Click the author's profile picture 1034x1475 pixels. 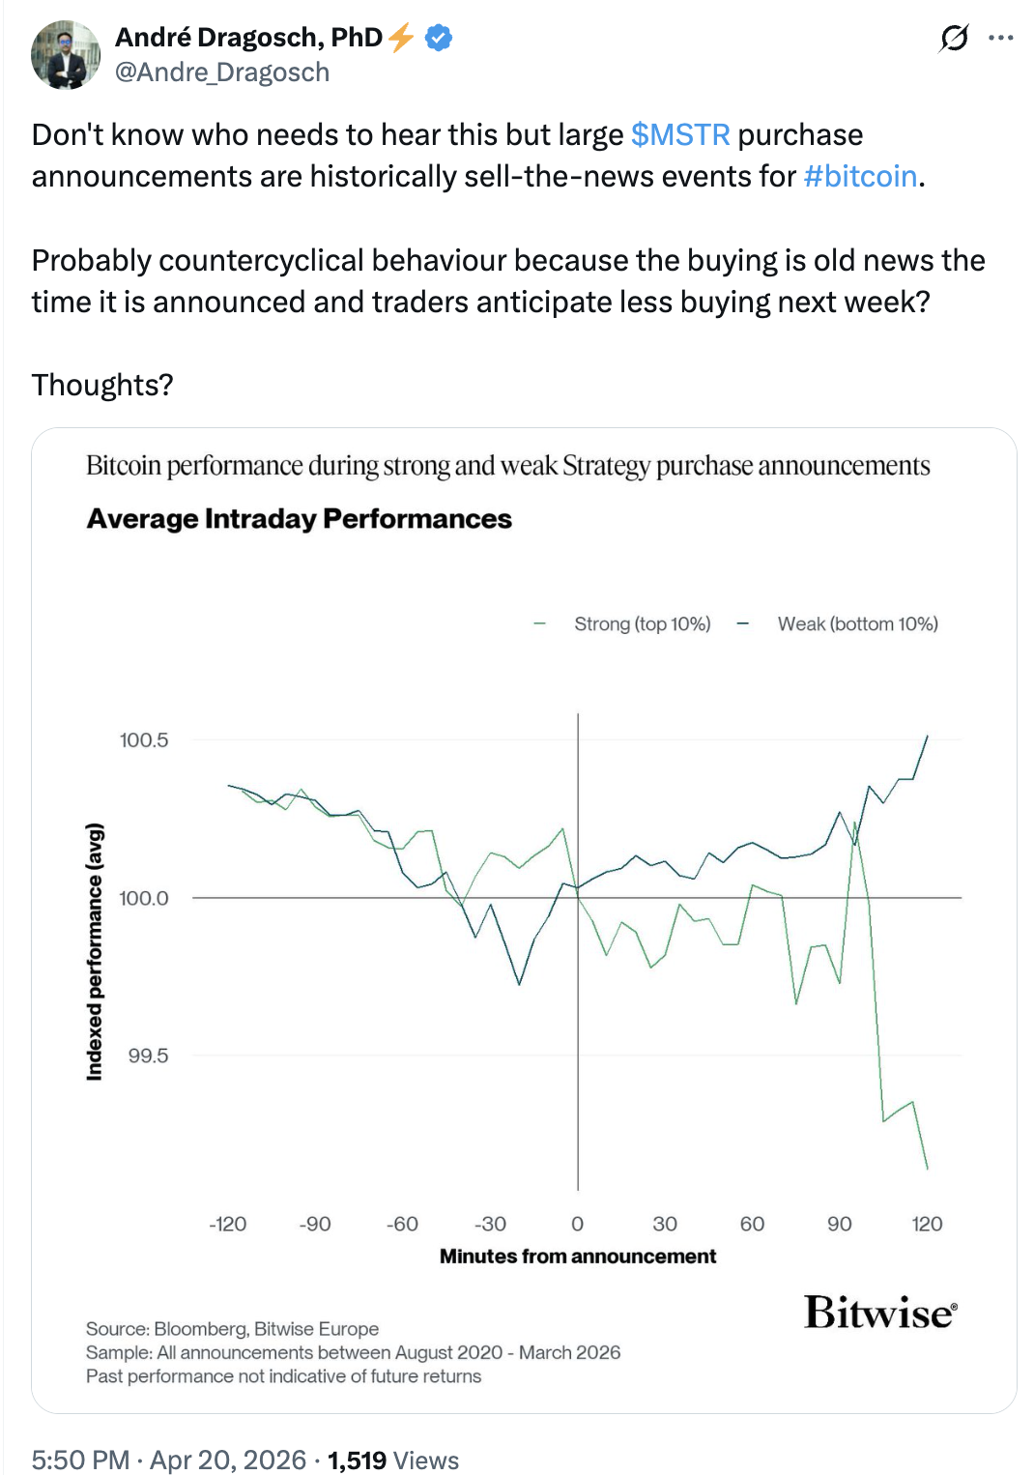(x=66, y=55)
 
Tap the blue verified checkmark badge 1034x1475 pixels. (x=439, y=38)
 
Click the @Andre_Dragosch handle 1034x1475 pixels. (x=222, y=72)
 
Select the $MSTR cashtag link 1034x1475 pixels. (x=680, y=134)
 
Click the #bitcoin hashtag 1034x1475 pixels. (x=860, y=176)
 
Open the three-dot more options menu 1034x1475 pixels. (x=1001, y=38)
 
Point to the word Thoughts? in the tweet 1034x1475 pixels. (x=102, y=385)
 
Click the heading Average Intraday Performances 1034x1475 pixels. (x=300, y=519)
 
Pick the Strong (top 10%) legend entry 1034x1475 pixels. (x=642, y=624)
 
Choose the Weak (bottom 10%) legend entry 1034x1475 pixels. (x=857, y=624)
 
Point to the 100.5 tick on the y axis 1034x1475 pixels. (x=144, y=740)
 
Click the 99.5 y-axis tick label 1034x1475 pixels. (x=148, y=1056)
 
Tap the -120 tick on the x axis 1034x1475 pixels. (x=228, y=1224)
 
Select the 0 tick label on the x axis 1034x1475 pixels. (x=577, y=1224)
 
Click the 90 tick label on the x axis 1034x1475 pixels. (x=840, y=1224)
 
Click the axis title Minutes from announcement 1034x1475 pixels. (x=578, y=1257)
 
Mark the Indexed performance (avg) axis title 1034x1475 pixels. (x=95, y=952)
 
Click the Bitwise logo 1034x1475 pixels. (x=880, y=1313)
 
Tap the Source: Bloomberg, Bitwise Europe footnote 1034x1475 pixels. (x=232, y=1329)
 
